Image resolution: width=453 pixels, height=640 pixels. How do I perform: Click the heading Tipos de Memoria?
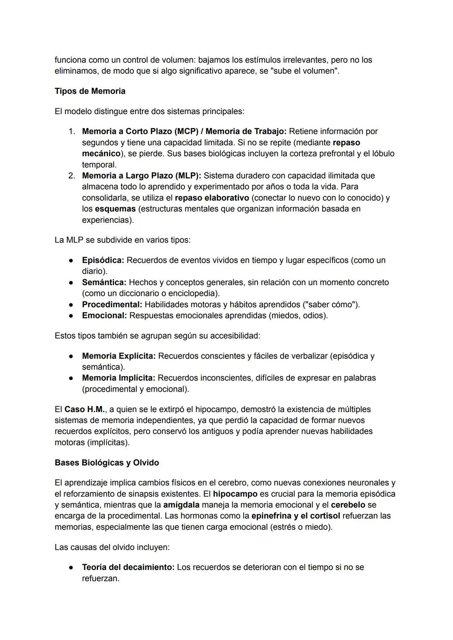click(x=90, y=91)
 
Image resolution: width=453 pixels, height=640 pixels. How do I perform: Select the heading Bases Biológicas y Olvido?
click(x=107, y=463)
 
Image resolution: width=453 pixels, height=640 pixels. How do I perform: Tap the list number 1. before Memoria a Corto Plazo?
click(x=72, y=132)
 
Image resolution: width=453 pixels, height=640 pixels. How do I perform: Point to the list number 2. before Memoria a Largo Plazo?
click(x=72, y=176)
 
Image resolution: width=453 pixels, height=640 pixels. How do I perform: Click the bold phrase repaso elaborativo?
click(x=212, y=198)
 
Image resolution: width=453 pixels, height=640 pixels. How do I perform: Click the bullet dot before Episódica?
click(x=71, y=261)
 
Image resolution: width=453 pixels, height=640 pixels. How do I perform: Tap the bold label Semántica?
click(x=104, y=282)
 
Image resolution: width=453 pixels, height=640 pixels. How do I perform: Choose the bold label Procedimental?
click(x=112, y=304)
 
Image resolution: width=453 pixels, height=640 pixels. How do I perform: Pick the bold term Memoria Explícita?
click(x=119, y=356)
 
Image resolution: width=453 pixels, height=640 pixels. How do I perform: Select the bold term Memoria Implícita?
click(x=118, y=378)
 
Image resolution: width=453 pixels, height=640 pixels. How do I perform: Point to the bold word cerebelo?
click(x=348, y=505)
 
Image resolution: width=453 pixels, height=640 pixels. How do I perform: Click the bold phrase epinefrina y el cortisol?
click(x=296, y=516)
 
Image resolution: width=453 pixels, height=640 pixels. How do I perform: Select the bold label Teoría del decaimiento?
click(x=128, y=567)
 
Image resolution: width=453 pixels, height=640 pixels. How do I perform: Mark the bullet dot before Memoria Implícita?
click(x=71, y=378)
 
